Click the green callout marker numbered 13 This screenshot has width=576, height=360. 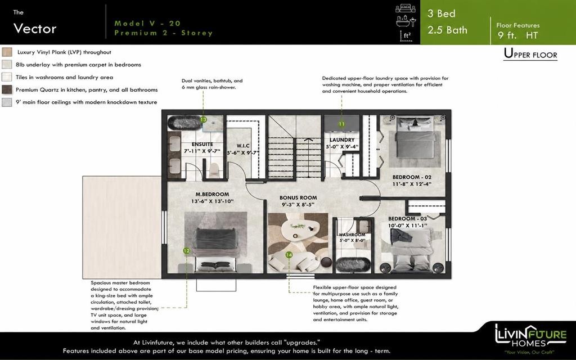[x=203, y=120]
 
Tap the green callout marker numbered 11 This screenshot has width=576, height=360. [x=341, y=124]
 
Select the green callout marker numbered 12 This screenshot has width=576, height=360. [x=187, y=251]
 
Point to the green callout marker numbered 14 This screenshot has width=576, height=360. [x=289, y=255]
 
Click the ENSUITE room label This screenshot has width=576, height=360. [x=202, y=145]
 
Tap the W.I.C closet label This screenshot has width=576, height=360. [x=243, y=146]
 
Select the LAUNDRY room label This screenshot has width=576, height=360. [x=342, y=140]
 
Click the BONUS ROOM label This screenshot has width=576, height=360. [x=298, y=197]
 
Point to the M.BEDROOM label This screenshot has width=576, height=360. [x=212, y=194]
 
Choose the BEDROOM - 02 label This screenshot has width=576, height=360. [x=412, y=177]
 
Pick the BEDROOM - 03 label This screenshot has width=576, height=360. [x=408, y=219]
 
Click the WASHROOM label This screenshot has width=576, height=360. [x=352, y=235]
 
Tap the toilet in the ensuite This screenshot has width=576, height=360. [x=214, y=170]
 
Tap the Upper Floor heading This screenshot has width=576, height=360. [x=530, y=54]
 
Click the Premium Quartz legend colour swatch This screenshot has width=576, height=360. [x=7, y=89]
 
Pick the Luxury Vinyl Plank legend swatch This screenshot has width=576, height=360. [x=7, y=52]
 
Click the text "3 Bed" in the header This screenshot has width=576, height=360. [x=441, y=13]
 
